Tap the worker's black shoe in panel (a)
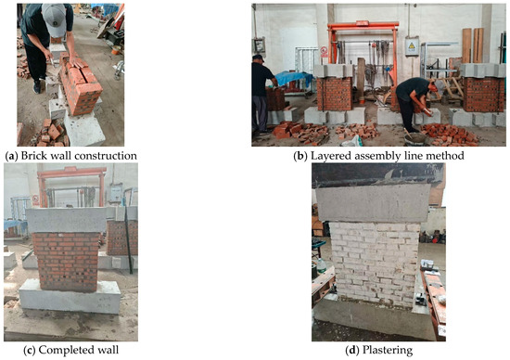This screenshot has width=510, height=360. click(x=37, y=87)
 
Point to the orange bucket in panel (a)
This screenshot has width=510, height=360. click(x=116, y=50)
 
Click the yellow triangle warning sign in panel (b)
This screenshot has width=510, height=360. click(x=412, y=45)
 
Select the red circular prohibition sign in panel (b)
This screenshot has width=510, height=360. click(x=324, y=50)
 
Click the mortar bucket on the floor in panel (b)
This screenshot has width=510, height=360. click(x=415, y=138)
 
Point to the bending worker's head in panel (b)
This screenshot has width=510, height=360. click(x=431, y=87)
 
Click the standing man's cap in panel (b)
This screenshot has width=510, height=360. click(x=259, y=58)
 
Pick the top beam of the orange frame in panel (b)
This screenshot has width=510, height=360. click(x=363, y=25)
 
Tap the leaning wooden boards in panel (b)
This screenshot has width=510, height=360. click(x=473, y=45)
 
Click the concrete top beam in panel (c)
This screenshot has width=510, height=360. click(x=67, y=220)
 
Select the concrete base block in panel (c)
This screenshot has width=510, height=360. click(x=70, y=296)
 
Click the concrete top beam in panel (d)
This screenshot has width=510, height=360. click(x=373, y=203)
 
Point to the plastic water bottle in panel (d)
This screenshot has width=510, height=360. click(x=321, y=265)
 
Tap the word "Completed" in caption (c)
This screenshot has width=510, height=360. click(x=61, y=350)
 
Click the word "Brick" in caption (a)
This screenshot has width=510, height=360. click(x=32, y=156)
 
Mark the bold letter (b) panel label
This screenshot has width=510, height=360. click(x=300, y=156)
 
